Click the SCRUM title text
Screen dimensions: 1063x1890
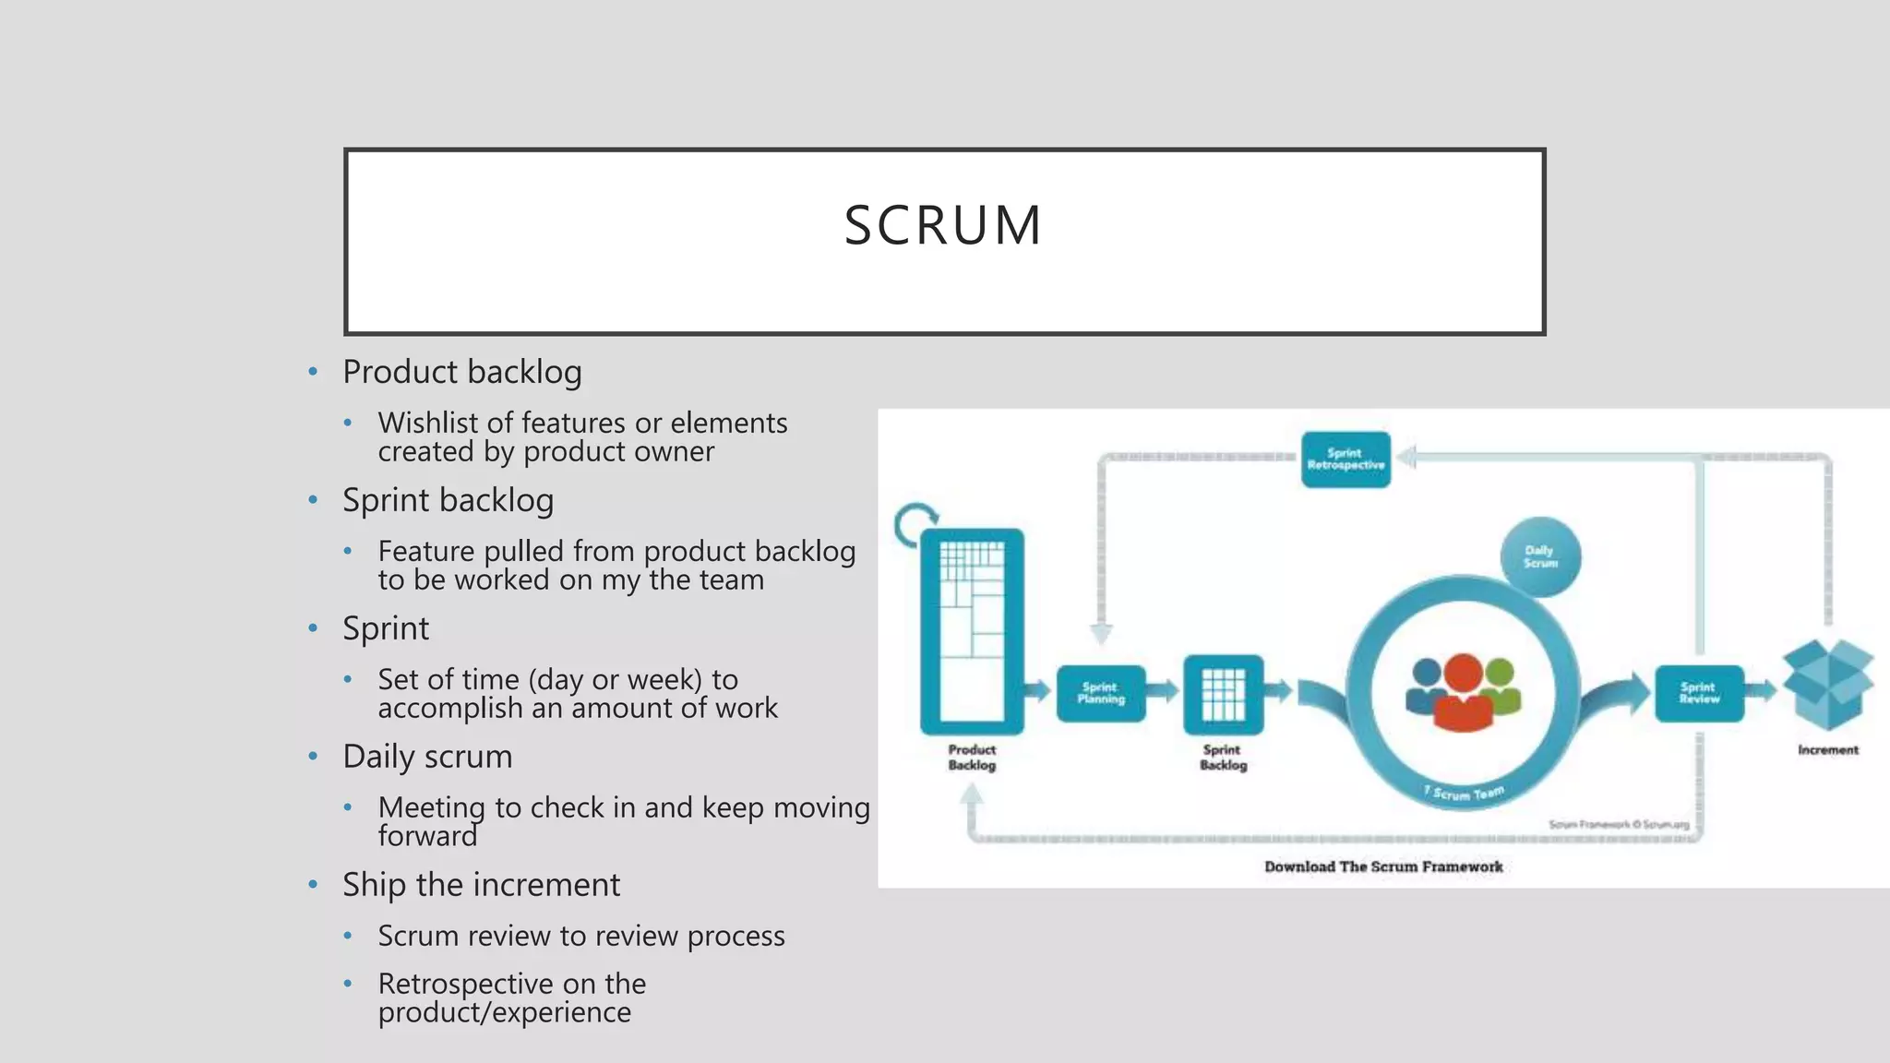click(x=943, y=225)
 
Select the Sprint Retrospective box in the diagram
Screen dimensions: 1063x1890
click(x=1346, y=460)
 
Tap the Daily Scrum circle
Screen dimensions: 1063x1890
click(x=1540, y=556)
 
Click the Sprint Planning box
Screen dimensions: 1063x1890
click(x=1101, y=693)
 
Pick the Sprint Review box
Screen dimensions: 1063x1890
click(x=1699, y=693)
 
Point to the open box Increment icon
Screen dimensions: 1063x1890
click(x=1827, y=685)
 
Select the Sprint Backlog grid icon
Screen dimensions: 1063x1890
click(x=1223, y=694)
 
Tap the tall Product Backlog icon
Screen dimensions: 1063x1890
click(x=972, y=629)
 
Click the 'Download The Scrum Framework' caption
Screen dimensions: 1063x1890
click(x=1382, y=866)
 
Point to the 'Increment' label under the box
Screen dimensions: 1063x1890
click(x=1827, y=750)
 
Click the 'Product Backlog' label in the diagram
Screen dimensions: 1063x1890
click(x=972, y=758)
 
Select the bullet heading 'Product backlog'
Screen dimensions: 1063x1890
click(x=461, y=372)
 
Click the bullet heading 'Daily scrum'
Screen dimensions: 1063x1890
click(x=427, y=757)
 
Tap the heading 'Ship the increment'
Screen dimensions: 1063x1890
click(x=481, y=885)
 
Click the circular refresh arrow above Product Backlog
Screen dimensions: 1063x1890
click(x=915, y=524)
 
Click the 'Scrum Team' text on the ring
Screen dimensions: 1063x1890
click(x=1467, y=794)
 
